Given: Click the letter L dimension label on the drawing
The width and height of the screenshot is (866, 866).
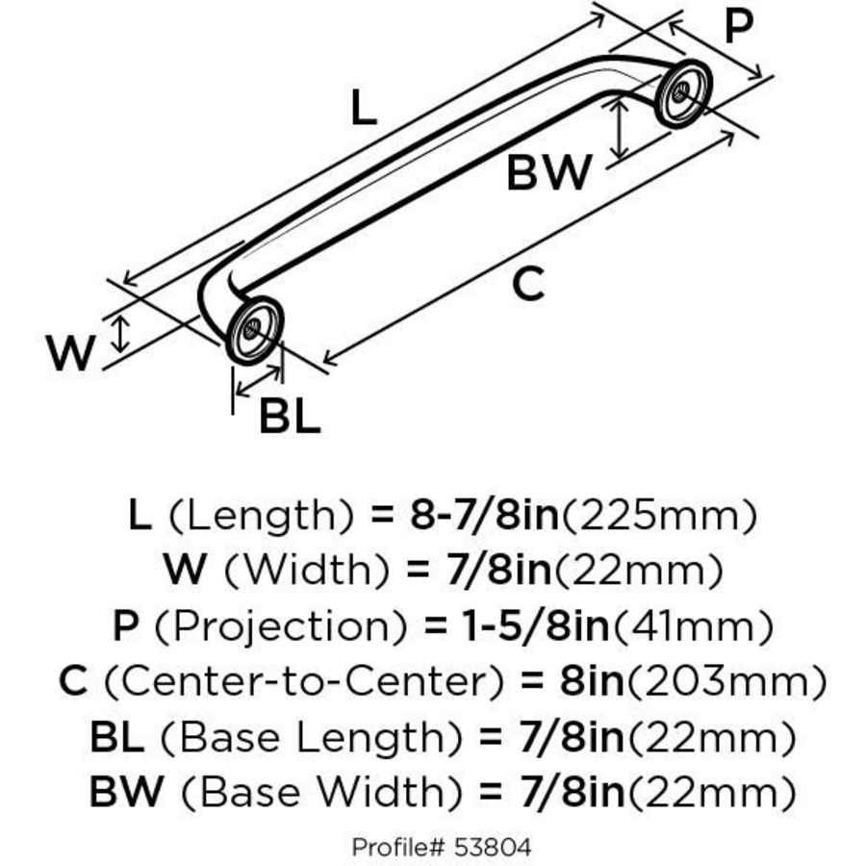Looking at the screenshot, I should coord(362,108).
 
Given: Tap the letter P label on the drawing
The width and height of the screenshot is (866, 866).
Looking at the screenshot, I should coord(737,27).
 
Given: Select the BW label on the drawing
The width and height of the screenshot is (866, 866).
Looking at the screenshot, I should coord(548,174).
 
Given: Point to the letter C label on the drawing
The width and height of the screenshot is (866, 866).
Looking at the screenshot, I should coord(528,284).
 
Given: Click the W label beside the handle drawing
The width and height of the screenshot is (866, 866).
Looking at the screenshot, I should coord(72,354).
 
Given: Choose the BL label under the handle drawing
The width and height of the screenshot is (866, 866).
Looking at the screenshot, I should coord(289,418).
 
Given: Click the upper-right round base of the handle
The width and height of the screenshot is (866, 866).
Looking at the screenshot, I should coord(684,94).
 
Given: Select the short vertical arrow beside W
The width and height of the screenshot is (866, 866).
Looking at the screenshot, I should coord(120,333).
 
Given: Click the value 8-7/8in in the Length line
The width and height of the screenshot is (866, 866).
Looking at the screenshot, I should coord(484,517).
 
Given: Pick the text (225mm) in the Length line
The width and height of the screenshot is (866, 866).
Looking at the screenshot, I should coord(658,517).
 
